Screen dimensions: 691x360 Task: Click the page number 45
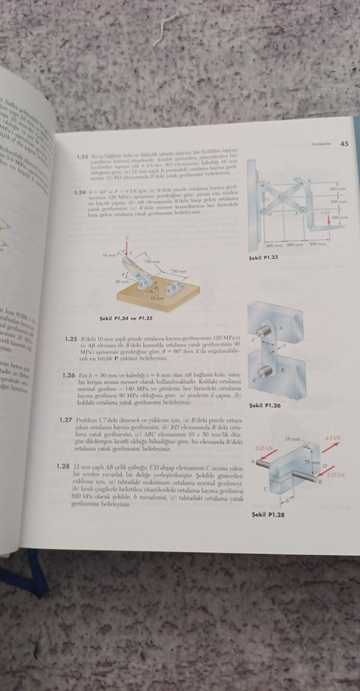click(x=344, y=143)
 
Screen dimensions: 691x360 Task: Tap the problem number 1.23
click(x=83, y=157)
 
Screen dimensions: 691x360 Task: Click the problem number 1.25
click(x=72, y=339)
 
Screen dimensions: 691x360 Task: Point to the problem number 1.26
click(x=67, y=375)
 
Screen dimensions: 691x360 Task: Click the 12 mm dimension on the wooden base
click(x=157, y=298)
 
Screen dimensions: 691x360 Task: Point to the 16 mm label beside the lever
click(x=109, y=255)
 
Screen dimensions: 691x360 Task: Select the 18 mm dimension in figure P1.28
click(x=291, y=440)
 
